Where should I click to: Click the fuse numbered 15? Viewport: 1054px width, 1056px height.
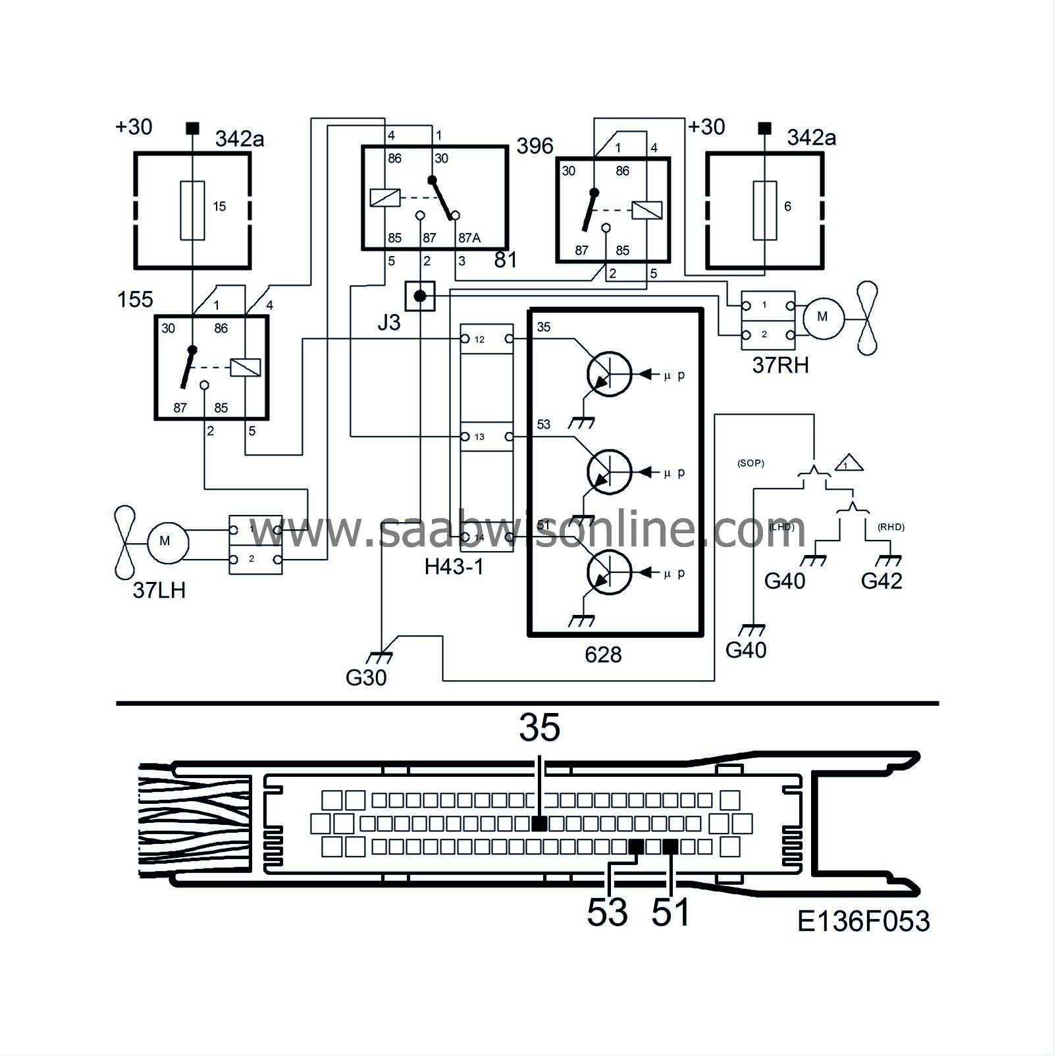point(192,210)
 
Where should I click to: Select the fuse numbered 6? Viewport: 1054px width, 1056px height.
point(765,210)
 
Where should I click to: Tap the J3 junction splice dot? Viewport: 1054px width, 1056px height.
point(420,297)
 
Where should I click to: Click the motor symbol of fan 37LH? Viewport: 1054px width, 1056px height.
point(165,542)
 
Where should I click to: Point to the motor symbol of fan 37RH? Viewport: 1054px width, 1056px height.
point(822,317)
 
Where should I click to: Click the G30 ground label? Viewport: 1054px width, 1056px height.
point(366,677)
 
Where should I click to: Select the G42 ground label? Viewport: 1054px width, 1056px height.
point(882,581)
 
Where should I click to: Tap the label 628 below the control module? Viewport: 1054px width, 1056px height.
point(603,654)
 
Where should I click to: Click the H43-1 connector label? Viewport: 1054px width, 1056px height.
point(454,566)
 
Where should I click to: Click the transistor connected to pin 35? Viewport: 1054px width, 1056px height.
point(608,374)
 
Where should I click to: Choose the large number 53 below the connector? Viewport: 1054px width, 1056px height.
point(607,912)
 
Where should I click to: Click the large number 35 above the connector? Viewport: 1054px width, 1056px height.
point(540,728)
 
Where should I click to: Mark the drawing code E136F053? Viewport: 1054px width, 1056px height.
point(864,921)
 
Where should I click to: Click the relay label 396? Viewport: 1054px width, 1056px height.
point(535,145)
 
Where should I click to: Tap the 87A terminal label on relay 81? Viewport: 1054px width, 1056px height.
point(468,238)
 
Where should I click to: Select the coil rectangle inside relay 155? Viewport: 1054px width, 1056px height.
point(245,367)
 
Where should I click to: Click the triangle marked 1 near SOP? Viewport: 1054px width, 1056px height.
point(849,463)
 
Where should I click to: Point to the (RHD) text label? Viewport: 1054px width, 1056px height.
point(891,527)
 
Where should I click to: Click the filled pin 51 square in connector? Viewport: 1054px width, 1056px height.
point(670,847)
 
